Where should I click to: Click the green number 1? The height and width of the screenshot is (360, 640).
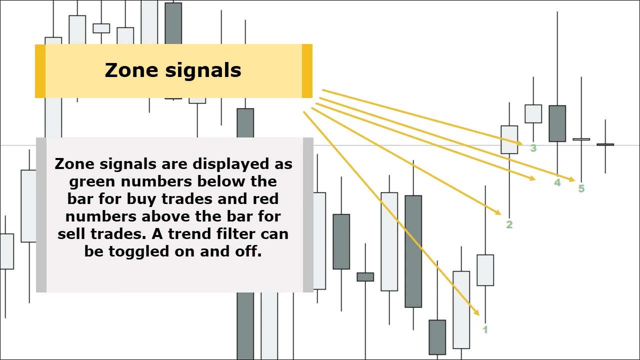tap(485, 329)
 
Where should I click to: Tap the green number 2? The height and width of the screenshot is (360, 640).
tap(509, 224)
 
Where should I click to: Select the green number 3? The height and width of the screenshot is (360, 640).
tap(533, 148)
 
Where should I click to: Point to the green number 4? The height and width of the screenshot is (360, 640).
tap(557, 182)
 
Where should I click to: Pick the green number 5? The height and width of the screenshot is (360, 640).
tap(581, 188)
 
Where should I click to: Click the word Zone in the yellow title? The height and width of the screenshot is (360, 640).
tap(131, 70)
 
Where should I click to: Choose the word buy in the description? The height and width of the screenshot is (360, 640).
tap(139, 199)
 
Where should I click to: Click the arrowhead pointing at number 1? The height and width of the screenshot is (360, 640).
tap(476, 312)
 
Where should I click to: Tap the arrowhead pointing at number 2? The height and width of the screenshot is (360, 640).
tap(498, 212)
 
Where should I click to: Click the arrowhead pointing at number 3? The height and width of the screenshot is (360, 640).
tap(519, 143)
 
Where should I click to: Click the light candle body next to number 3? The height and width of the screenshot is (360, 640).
tap(509, 139)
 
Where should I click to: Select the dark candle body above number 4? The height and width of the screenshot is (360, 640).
tap(557, 123)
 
